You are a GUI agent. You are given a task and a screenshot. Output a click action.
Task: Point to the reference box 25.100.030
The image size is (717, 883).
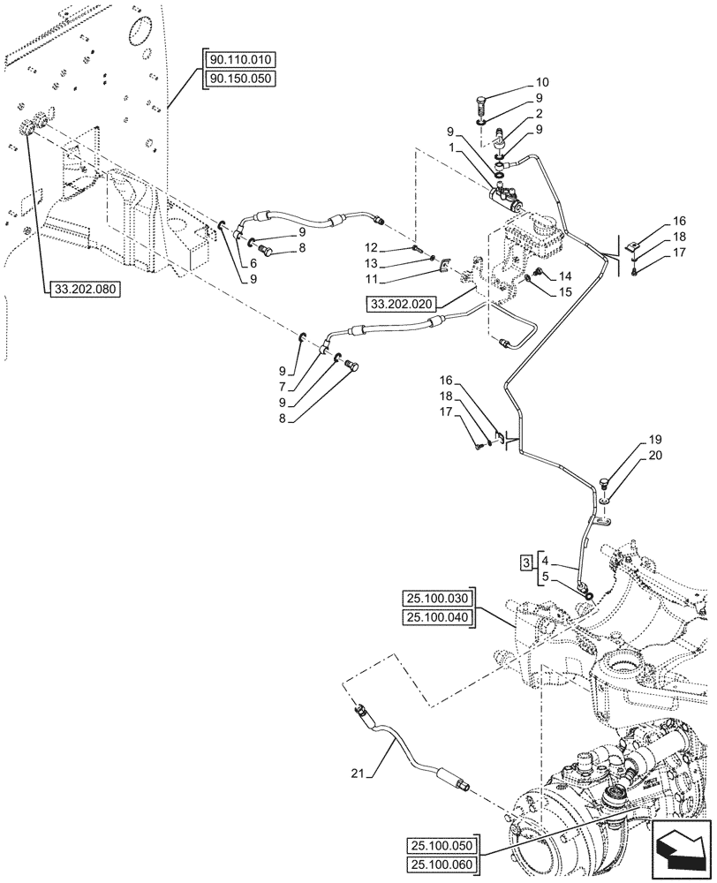point(437,597)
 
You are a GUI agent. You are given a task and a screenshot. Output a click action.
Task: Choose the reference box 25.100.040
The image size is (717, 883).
point(437,616)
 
